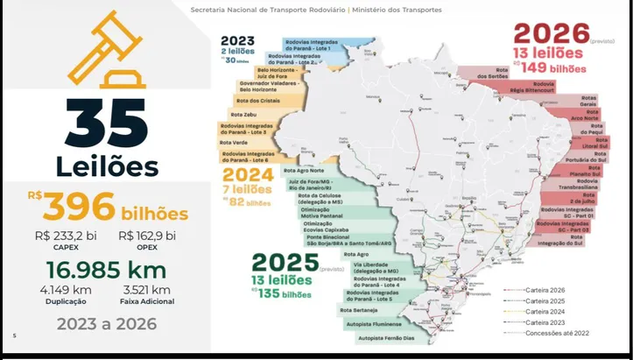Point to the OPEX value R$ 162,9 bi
[x=146, y=236]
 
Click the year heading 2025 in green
[x=285, y=260]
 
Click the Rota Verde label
[x=234, y=142]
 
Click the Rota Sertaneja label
[x=359, y=309]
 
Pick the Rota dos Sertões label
[x=492, y=74]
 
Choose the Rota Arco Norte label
[x=584, y=116]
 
